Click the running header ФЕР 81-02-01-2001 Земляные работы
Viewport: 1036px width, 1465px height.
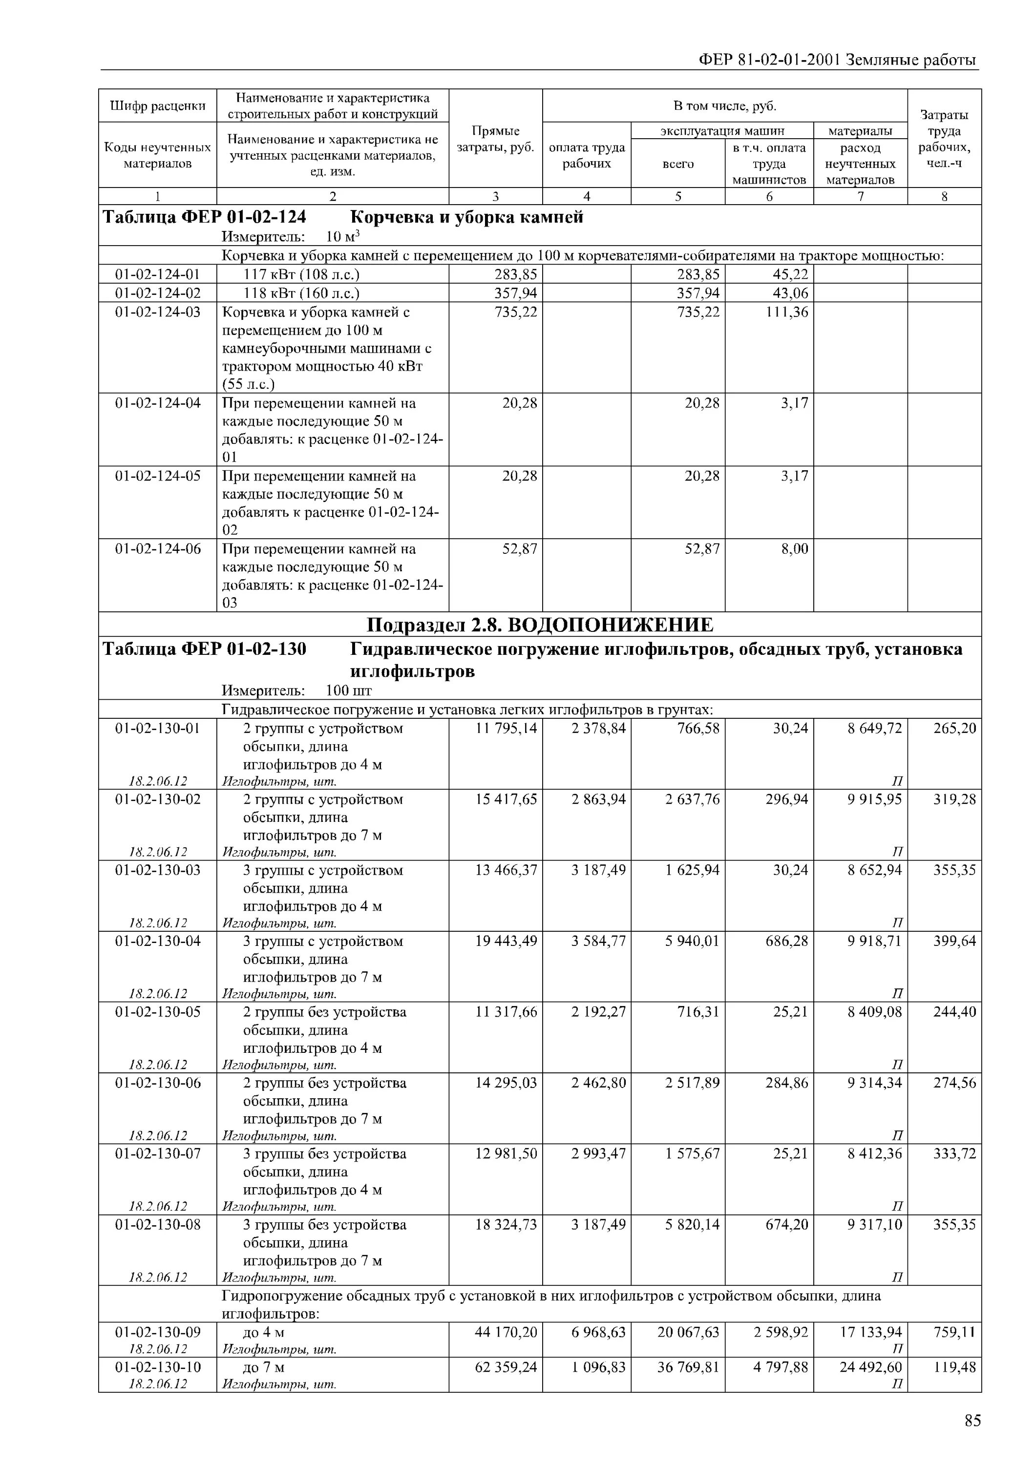[x=838, y=60]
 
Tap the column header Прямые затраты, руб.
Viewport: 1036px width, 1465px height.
[x=495, y=139]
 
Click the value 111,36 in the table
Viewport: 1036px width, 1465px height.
[x=786, y=312]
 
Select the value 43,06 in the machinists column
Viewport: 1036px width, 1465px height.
[x=790, y=293]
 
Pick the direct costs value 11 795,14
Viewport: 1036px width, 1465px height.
[x=506, y=728]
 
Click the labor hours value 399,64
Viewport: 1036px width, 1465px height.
[x=953, y=941]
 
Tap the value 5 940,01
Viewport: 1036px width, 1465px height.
[x=692, y=941]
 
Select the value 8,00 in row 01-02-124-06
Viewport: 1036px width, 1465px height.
[x=794, y=549]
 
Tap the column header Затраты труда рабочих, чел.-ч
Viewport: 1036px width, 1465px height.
[x=944, y=139]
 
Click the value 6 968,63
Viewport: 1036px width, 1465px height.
[x=598, y=1332]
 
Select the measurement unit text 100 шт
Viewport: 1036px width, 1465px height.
[x=348, y=691]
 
